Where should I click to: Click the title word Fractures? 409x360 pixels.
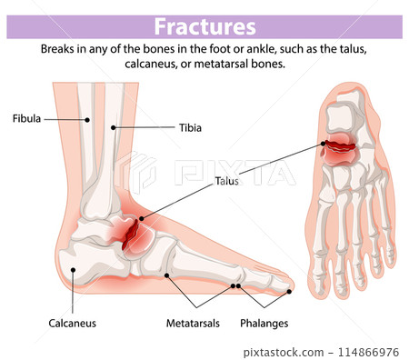pos(204,26)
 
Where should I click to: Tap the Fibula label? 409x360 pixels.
pos(26,118)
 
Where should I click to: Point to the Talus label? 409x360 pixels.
pos(226,181)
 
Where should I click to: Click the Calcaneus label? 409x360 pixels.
pos(72,323)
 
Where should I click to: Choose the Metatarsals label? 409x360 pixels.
pos(192,323)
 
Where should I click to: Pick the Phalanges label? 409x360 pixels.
pos(264,323)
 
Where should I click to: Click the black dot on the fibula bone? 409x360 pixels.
pos(87,118)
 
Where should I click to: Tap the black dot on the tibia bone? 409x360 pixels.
pos(114,128)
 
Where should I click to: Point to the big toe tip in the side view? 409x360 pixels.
pos(290,290)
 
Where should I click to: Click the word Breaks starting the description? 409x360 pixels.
pos(60,49)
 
